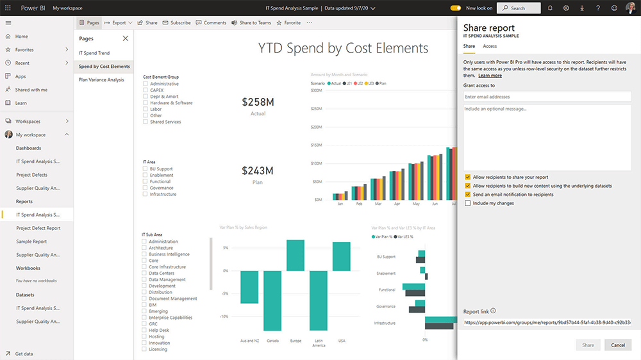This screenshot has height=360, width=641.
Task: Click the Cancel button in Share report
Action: [618, 345]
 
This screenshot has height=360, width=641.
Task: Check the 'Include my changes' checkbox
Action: [468, 203]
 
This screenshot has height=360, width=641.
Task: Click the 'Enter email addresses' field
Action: [547, 97]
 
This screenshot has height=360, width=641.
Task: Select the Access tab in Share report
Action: [490, 46]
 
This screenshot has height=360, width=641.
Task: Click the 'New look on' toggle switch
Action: [456, 8]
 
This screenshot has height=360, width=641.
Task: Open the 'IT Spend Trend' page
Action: [94, 53]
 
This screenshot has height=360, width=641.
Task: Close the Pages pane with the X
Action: [125, 38]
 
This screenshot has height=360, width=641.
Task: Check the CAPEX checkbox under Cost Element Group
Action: [146, 90]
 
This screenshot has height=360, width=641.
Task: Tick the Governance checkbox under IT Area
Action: [146, 188]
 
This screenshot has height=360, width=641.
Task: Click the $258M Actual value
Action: [258, 102]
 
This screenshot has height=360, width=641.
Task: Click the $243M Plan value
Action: [258, 170]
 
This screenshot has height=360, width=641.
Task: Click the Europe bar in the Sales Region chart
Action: [296, 255]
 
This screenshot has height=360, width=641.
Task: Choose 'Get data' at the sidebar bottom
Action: [24, 354]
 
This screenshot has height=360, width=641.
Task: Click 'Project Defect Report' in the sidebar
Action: [38, 228]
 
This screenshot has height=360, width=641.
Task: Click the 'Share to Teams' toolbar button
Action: [251, 22]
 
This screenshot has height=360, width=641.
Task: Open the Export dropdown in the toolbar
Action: [119, 22]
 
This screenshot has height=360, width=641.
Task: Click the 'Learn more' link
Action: [490, 76]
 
